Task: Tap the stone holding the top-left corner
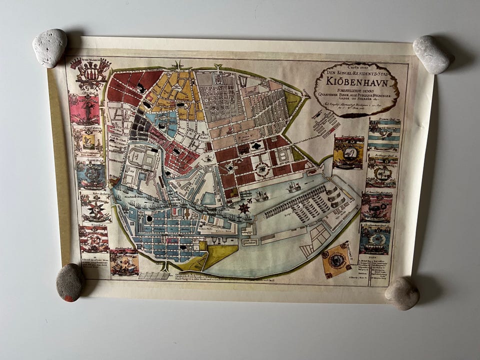49,47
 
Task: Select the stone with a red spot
69,282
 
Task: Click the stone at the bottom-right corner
402,293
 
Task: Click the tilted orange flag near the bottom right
336,259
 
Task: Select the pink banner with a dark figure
84,108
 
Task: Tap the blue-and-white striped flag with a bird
383,135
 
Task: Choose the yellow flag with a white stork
348,153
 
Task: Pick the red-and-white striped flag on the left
93,239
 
